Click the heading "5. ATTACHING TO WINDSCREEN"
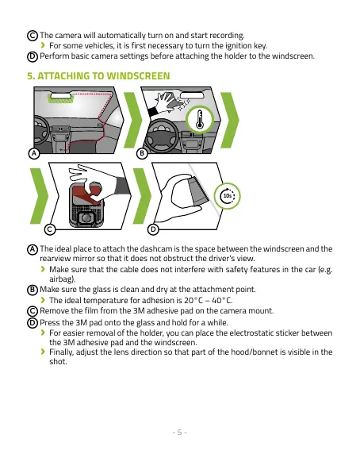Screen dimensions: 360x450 tap(98, 75)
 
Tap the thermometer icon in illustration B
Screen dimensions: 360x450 tap(200, 119)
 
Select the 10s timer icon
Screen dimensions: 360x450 tap(228, 196)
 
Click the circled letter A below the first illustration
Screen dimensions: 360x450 tap(34, 153)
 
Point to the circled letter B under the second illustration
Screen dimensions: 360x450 tap(142, 153)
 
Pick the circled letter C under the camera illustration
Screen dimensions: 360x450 tap(50, 229)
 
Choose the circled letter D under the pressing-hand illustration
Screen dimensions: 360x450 tap(153, 229)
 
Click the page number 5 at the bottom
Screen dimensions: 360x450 tap(180, 433)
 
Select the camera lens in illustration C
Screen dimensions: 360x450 tap(86, 218)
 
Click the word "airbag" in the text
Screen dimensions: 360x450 tap(61, 279)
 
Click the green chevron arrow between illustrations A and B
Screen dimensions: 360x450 tap(133, 121)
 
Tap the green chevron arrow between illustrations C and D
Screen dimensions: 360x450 tap(142, 196)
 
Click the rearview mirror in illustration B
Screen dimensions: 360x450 tap(192, 95)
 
